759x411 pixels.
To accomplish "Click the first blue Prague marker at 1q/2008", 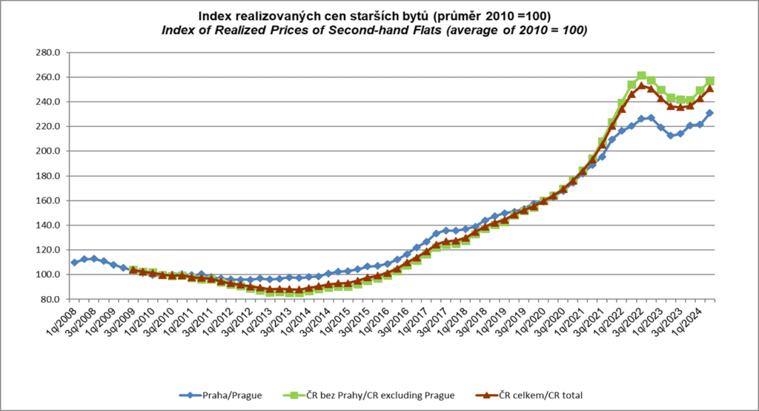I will (x=74, y=263).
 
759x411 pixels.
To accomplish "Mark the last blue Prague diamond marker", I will (x=709, y=114).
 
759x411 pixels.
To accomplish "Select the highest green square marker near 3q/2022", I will (x=641, y=76).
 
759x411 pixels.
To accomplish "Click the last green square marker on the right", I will (x=709, y=81).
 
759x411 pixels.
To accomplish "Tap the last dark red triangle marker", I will (x=709, y=88).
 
